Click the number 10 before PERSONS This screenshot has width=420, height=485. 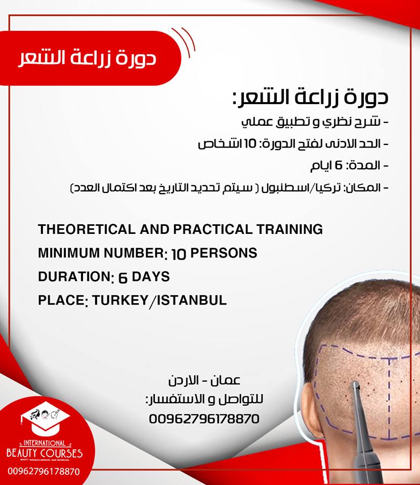click(179, 254)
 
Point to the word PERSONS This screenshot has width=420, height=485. click(223, 253)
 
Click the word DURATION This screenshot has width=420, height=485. click(71, 277)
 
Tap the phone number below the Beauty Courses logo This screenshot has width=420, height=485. click(44, 471)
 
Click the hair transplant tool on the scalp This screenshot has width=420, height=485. click(360, 419)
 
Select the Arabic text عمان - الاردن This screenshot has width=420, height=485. click(204, 380)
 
